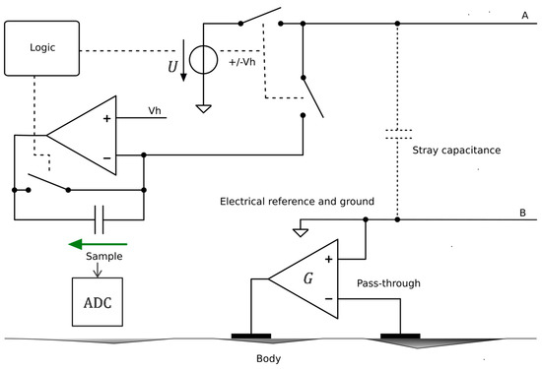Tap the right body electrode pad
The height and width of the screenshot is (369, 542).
(400, 335)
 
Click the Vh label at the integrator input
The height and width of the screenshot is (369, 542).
(155, 110)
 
